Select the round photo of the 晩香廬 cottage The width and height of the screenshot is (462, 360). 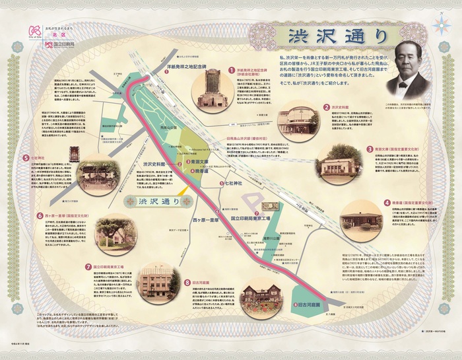(362, 224)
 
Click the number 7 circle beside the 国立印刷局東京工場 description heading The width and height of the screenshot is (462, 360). (88, 266)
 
